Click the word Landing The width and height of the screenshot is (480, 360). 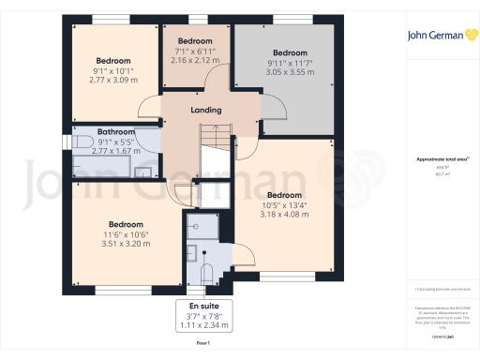[206, 111]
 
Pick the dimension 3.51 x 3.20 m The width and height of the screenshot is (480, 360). [124, 245]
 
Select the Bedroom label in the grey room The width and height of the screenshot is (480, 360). [290, 52]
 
